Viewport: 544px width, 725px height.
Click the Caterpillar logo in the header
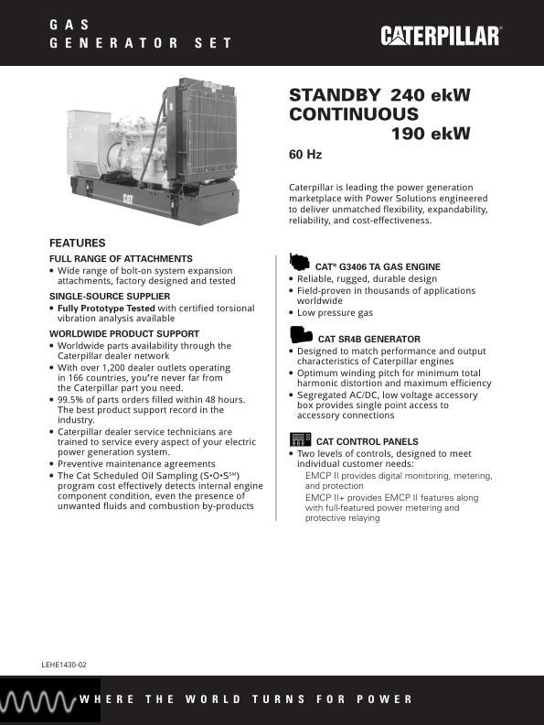point(441,36)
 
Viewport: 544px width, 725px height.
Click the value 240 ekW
point(430,94)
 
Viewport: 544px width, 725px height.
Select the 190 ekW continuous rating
point(431,134)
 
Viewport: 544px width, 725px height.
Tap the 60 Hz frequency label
point(305,155)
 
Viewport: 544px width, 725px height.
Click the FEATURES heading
point(77,243)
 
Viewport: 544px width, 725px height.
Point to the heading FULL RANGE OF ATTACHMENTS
point(121,259)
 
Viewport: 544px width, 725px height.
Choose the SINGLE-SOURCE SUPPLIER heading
point(109,297)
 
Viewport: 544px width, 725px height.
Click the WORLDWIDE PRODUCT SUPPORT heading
point(123,334)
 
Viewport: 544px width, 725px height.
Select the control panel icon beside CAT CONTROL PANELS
point(300,438)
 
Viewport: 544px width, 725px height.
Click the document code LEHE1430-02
point(64,661)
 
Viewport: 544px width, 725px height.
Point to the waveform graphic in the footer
point(37,700)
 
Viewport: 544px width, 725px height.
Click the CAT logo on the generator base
point(129,198)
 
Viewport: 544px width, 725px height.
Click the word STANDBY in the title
point(335,94)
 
